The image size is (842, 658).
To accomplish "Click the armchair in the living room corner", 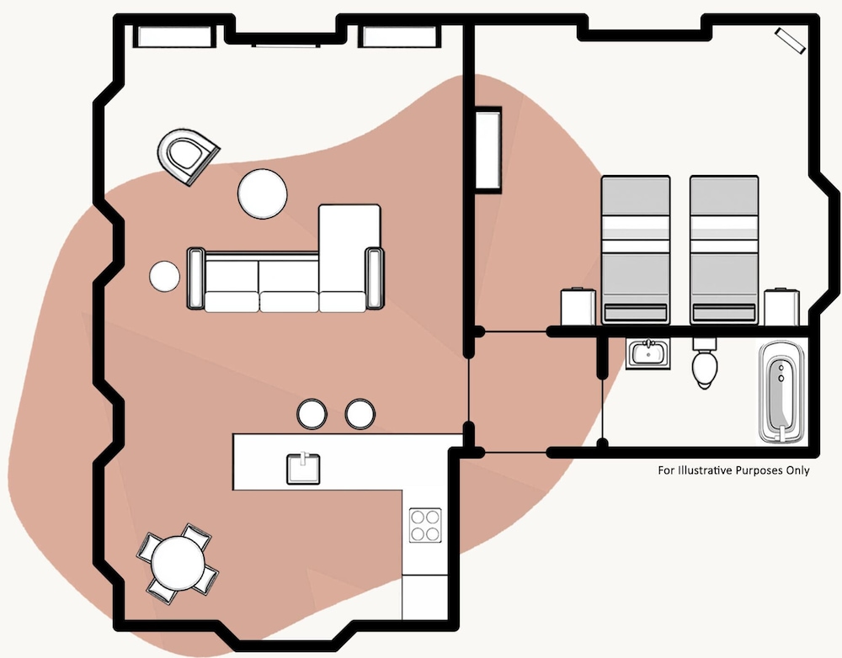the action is [187, 156].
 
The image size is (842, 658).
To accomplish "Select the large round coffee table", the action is [262, 194].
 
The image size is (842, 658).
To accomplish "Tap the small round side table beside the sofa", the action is [164, 276].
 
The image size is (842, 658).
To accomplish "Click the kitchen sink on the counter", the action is [303, 469].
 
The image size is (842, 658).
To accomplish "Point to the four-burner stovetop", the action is [425, 525].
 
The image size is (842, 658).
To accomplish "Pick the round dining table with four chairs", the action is [178, 564].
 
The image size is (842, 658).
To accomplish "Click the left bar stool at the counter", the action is [312, 414].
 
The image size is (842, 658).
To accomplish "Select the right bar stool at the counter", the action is [360, 414].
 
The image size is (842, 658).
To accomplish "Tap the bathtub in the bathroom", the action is [782, 393].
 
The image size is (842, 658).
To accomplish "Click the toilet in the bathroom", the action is [705, 363].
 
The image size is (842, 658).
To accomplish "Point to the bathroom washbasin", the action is [648, 353].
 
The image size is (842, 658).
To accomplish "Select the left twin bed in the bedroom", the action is [636, 250].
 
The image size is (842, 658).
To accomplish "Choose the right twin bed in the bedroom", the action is [724, 250].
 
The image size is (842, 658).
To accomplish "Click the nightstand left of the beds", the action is [578, 306].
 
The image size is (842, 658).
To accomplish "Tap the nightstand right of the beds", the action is [782, 307].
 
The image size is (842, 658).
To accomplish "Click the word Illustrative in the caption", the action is [705, 470].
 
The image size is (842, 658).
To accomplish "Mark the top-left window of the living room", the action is [174, 36].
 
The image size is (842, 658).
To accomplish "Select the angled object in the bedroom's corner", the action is [791, 40].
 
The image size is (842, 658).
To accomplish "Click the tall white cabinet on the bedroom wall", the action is [488, 150].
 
